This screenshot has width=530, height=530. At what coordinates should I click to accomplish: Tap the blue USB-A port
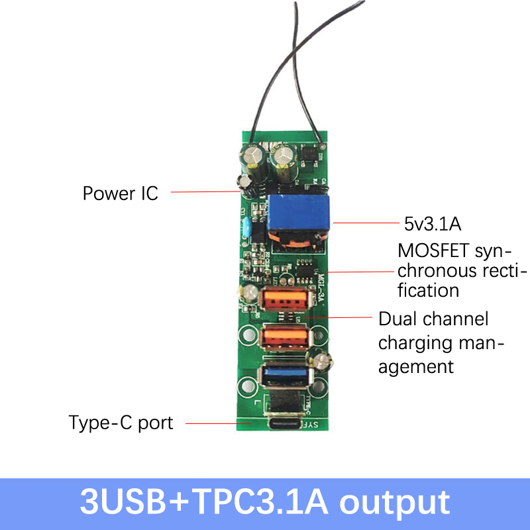pyautogui.click(x=285, y=376)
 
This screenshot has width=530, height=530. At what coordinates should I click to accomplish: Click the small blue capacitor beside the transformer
pyautogui.click(x=246, y=224)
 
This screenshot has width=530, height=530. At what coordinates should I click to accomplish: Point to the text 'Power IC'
pyautogui.click(x=120, y=193)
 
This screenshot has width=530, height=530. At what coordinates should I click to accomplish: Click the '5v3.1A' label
pyautogui.click(x=431, y=224)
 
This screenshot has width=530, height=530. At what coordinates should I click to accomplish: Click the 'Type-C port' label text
pyautogui.click(x=121, y=423)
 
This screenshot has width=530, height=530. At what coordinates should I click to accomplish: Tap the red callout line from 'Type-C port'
pyautogui.click(x=212, y=423)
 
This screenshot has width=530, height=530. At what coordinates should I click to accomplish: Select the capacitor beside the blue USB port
pyautogui.click(x=323, y=362)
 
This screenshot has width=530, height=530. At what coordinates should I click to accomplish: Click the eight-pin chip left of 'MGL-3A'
pyautogui.click(x=304, y=270)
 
